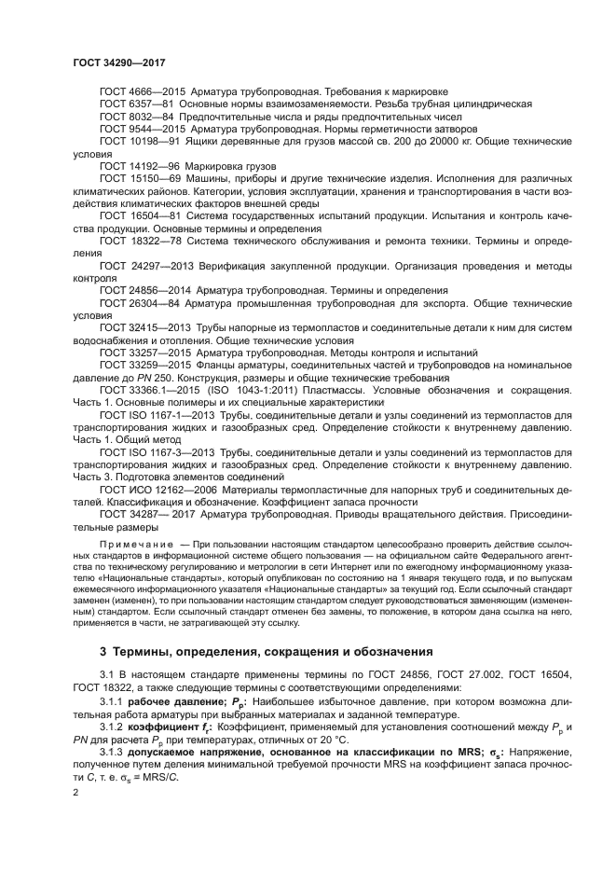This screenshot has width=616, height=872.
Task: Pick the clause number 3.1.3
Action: [x=111, y=752]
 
